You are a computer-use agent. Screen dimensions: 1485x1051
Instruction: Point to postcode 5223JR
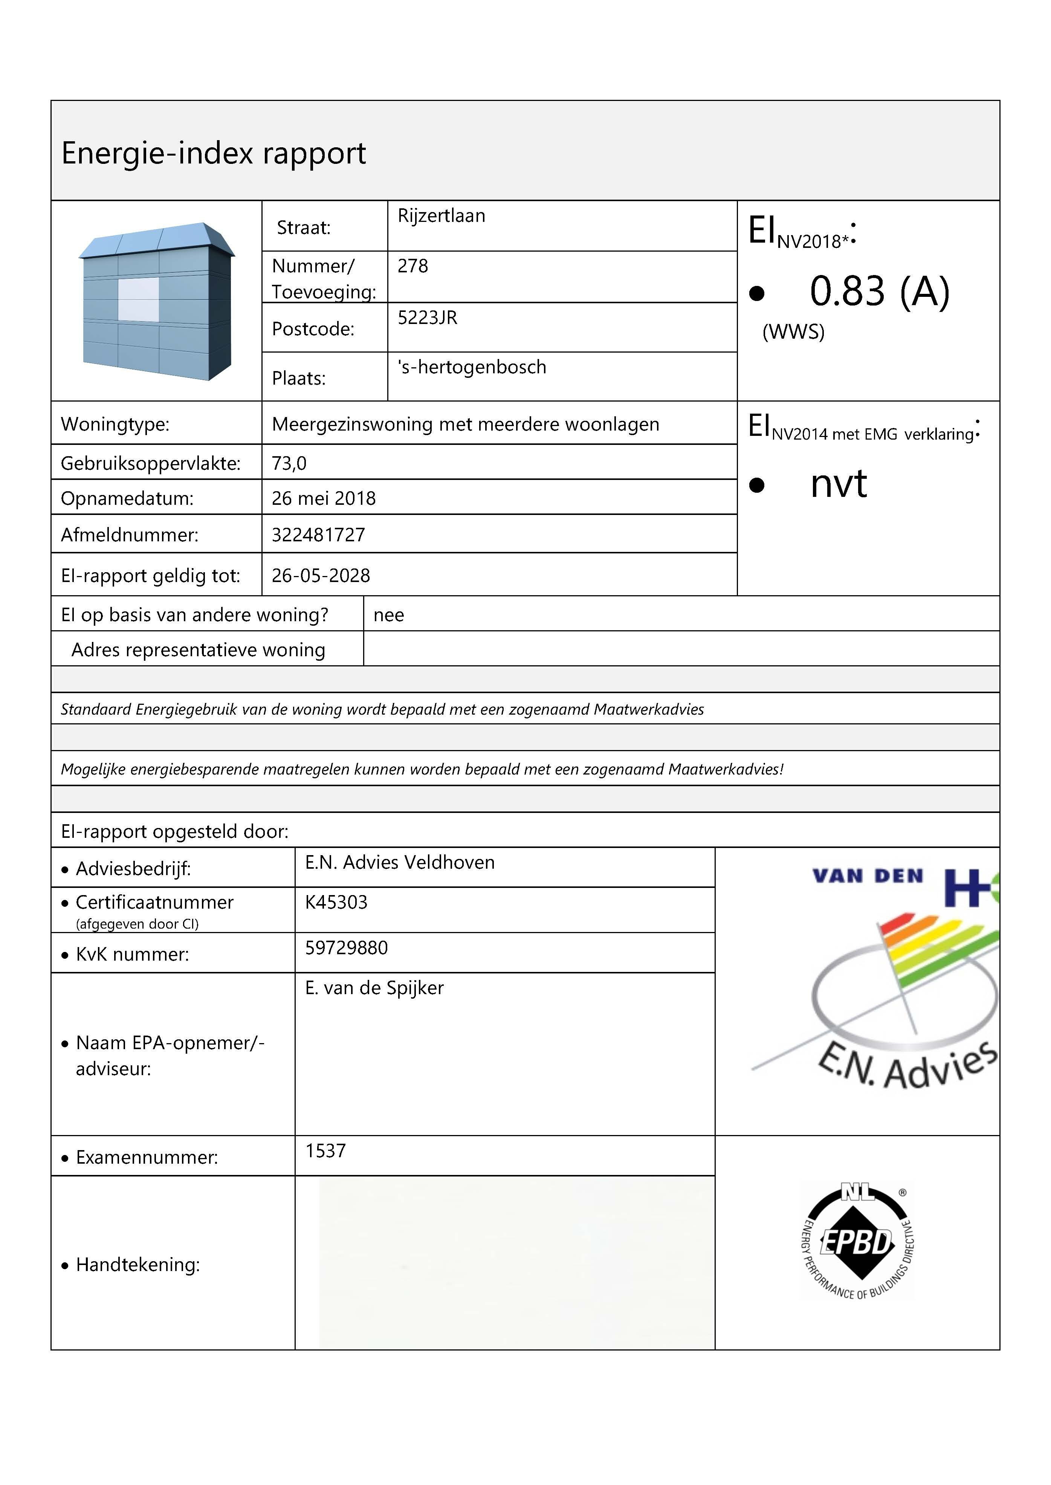pos(427,318)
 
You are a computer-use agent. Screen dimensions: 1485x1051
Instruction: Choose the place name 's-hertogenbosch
pos(472,368)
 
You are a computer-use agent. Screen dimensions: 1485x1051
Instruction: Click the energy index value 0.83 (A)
pos(879,291)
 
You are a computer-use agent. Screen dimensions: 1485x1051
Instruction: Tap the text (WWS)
pos(793,332)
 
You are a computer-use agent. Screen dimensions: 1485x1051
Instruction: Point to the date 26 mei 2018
pos(324,498)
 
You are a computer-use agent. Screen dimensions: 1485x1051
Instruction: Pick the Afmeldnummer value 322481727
pos(318,535)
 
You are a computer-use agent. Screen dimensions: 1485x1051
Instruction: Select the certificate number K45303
pos(336,902)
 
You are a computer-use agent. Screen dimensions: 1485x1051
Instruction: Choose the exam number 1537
pos(325,1151)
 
